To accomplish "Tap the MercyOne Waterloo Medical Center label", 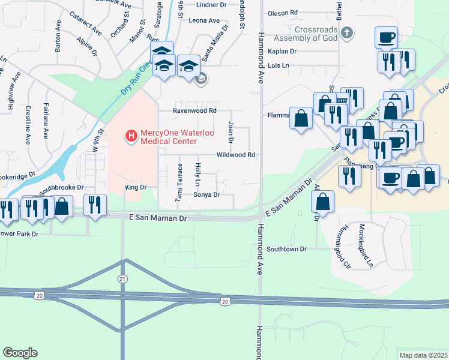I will tap(169, 137).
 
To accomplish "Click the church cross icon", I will tap(346, 32).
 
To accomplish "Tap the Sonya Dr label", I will tap(206, 195).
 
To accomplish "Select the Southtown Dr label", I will tap(286, 248).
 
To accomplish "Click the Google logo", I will tap(20, 353).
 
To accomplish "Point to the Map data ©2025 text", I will tap(424, 355).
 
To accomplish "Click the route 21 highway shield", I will tap(122, 279).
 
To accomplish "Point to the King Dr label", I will tap(136, 188).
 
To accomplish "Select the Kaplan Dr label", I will tap(279, 52).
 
